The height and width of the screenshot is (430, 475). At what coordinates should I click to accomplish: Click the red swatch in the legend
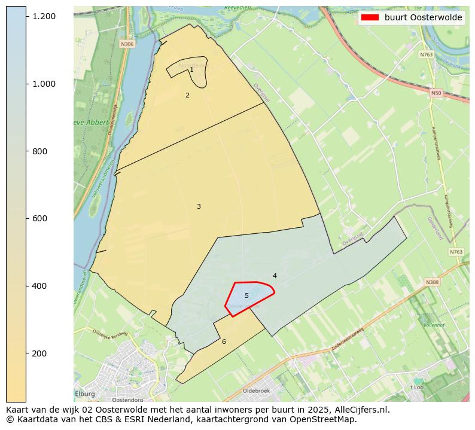click(370, 18)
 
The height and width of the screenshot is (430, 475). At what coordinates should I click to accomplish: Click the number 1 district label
click(191, 70)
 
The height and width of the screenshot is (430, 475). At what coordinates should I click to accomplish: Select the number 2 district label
click(187, 95)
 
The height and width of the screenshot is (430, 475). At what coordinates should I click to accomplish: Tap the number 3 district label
click(199, 206)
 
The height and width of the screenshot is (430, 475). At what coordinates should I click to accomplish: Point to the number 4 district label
click(275, 276)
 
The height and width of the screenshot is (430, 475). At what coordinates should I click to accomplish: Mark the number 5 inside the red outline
click(246, 295)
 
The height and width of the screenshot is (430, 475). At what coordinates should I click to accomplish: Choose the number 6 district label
click(224, 341)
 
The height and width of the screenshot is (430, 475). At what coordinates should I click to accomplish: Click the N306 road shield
click(127, 44)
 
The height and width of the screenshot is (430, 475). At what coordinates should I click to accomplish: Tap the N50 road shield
click(436, 93)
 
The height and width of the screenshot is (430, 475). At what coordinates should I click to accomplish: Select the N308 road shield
click(432, 282)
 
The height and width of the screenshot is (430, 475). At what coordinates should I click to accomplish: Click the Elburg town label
click(85, 394)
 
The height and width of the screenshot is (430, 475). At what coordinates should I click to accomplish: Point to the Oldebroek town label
click(256, 391)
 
